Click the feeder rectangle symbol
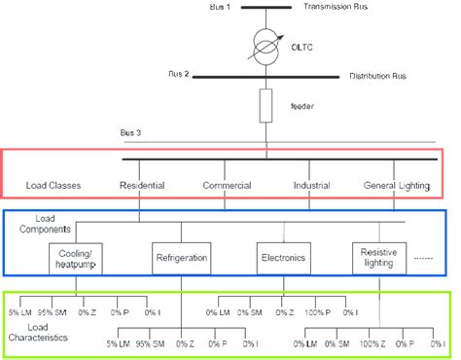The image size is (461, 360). point(266,105)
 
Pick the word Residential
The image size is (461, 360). point(142,185)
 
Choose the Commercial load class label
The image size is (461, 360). point(228,185)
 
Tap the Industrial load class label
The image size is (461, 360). point(316,185)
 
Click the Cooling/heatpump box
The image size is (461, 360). point(74,258)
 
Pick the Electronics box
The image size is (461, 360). point(282,259)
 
